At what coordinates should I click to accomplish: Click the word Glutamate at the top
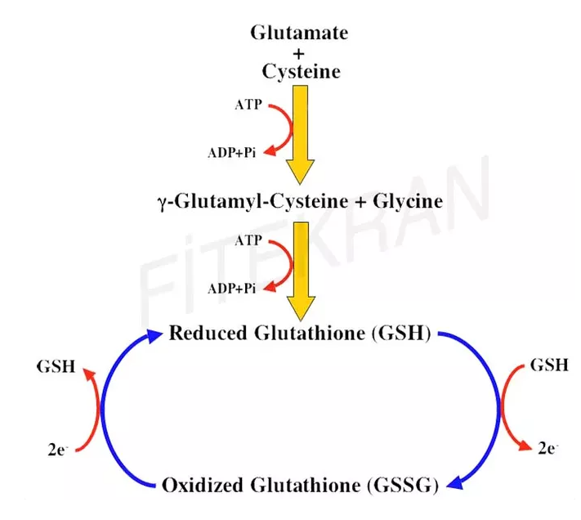tap(299, 34)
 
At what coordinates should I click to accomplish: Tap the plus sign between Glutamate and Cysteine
tap(299, 53)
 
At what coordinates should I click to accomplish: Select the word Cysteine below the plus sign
tap(299, 72)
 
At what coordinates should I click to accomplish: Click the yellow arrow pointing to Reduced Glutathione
tap(301, 270)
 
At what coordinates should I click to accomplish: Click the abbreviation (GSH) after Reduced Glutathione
tap(402, 334)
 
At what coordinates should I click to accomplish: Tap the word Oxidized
tap(202, 485)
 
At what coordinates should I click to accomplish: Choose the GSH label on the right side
tap(549, 365)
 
